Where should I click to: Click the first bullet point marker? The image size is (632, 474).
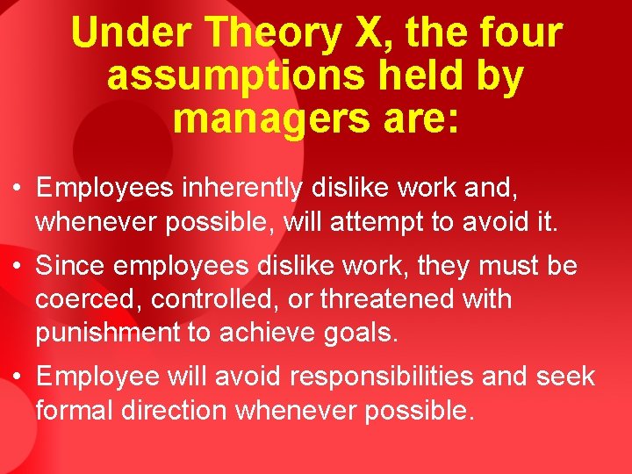[x=18, y=188]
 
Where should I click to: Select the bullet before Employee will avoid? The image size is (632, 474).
[x=18, y=377]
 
